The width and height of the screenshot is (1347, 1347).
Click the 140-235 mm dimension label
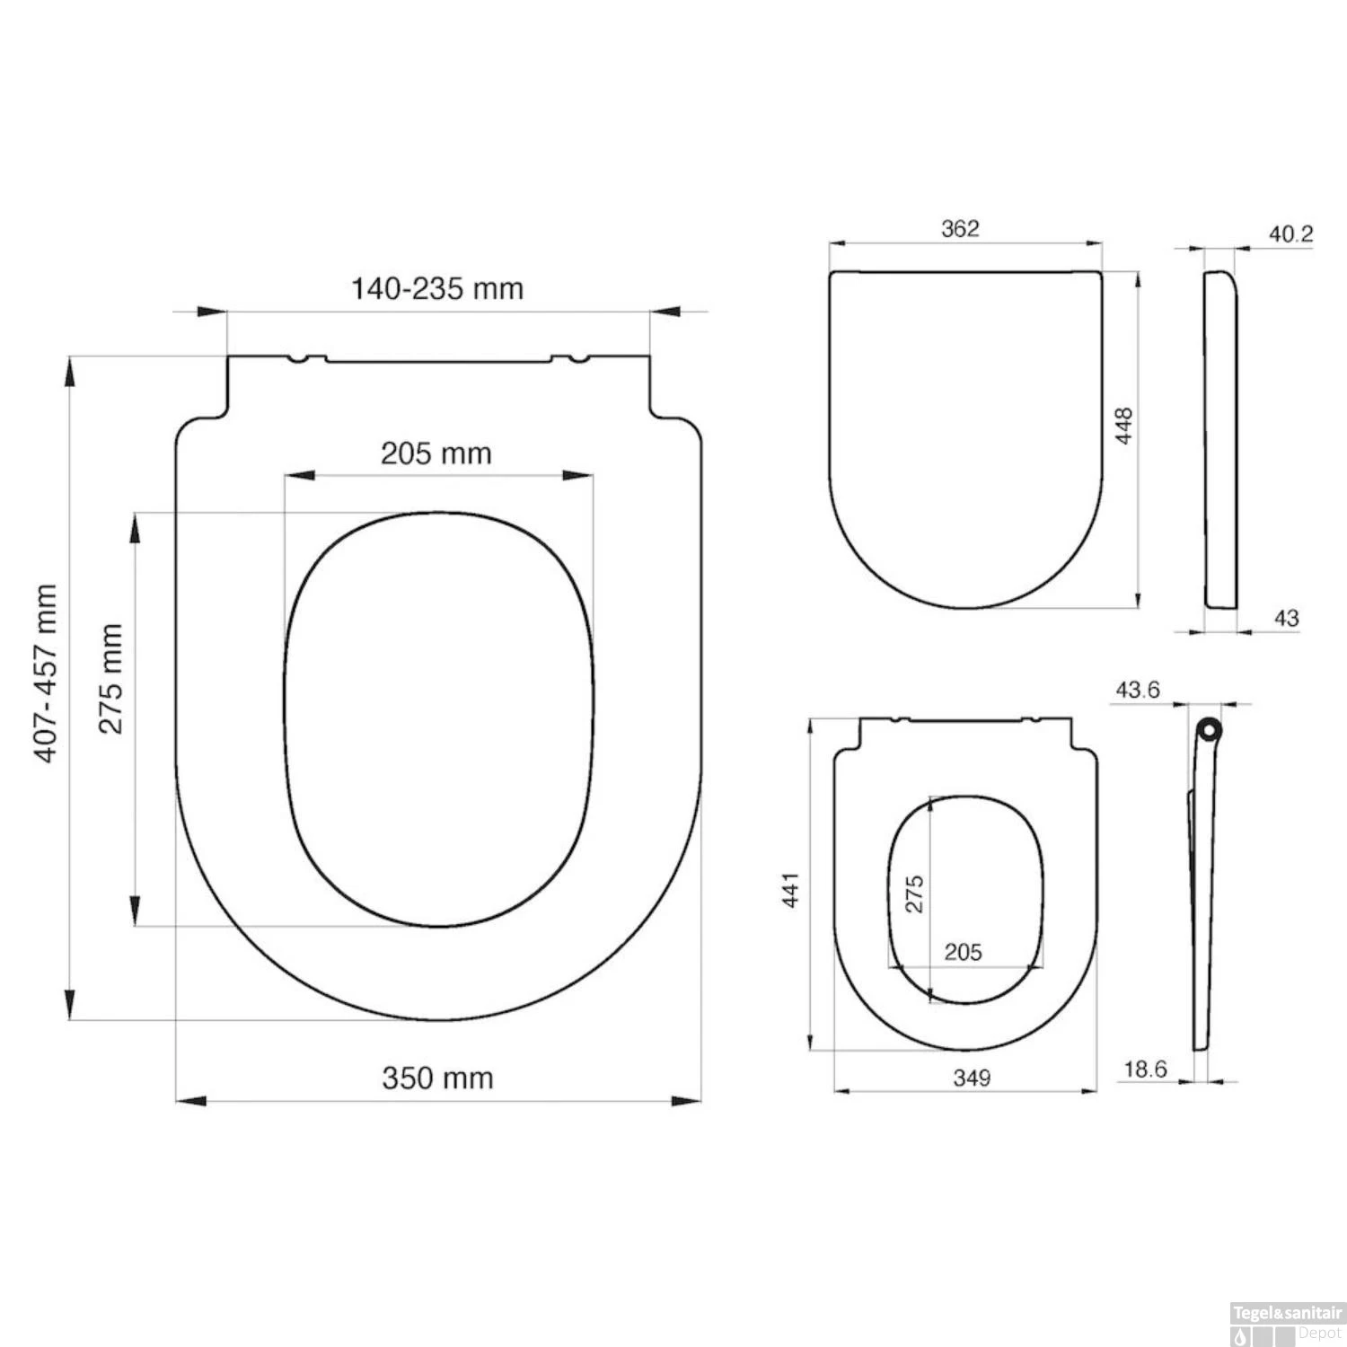coord(436,288)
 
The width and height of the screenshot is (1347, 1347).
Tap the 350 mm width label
coord(437,1077)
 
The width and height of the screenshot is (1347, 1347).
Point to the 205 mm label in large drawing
coord(436,453)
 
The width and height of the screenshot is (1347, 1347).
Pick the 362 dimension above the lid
coord(960,228)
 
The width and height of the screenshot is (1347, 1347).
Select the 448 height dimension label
coord(1123,426)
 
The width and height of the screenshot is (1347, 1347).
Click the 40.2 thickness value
coord(1290,234)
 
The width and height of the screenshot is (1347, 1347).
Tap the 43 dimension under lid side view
coord(1286,618)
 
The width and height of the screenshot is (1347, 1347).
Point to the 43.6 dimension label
coord(1137,690)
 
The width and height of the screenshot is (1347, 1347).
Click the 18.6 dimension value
coord(1145,1069)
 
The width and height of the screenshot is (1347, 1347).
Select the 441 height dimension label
coord(791,889)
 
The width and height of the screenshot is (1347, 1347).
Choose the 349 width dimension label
coord(972,1077)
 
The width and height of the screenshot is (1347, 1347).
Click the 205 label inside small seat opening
coord(963,951)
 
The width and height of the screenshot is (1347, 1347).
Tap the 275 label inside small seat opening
coord(914,894)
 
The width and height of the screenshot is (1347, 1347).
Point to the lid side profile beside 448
coord(1219,440)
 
